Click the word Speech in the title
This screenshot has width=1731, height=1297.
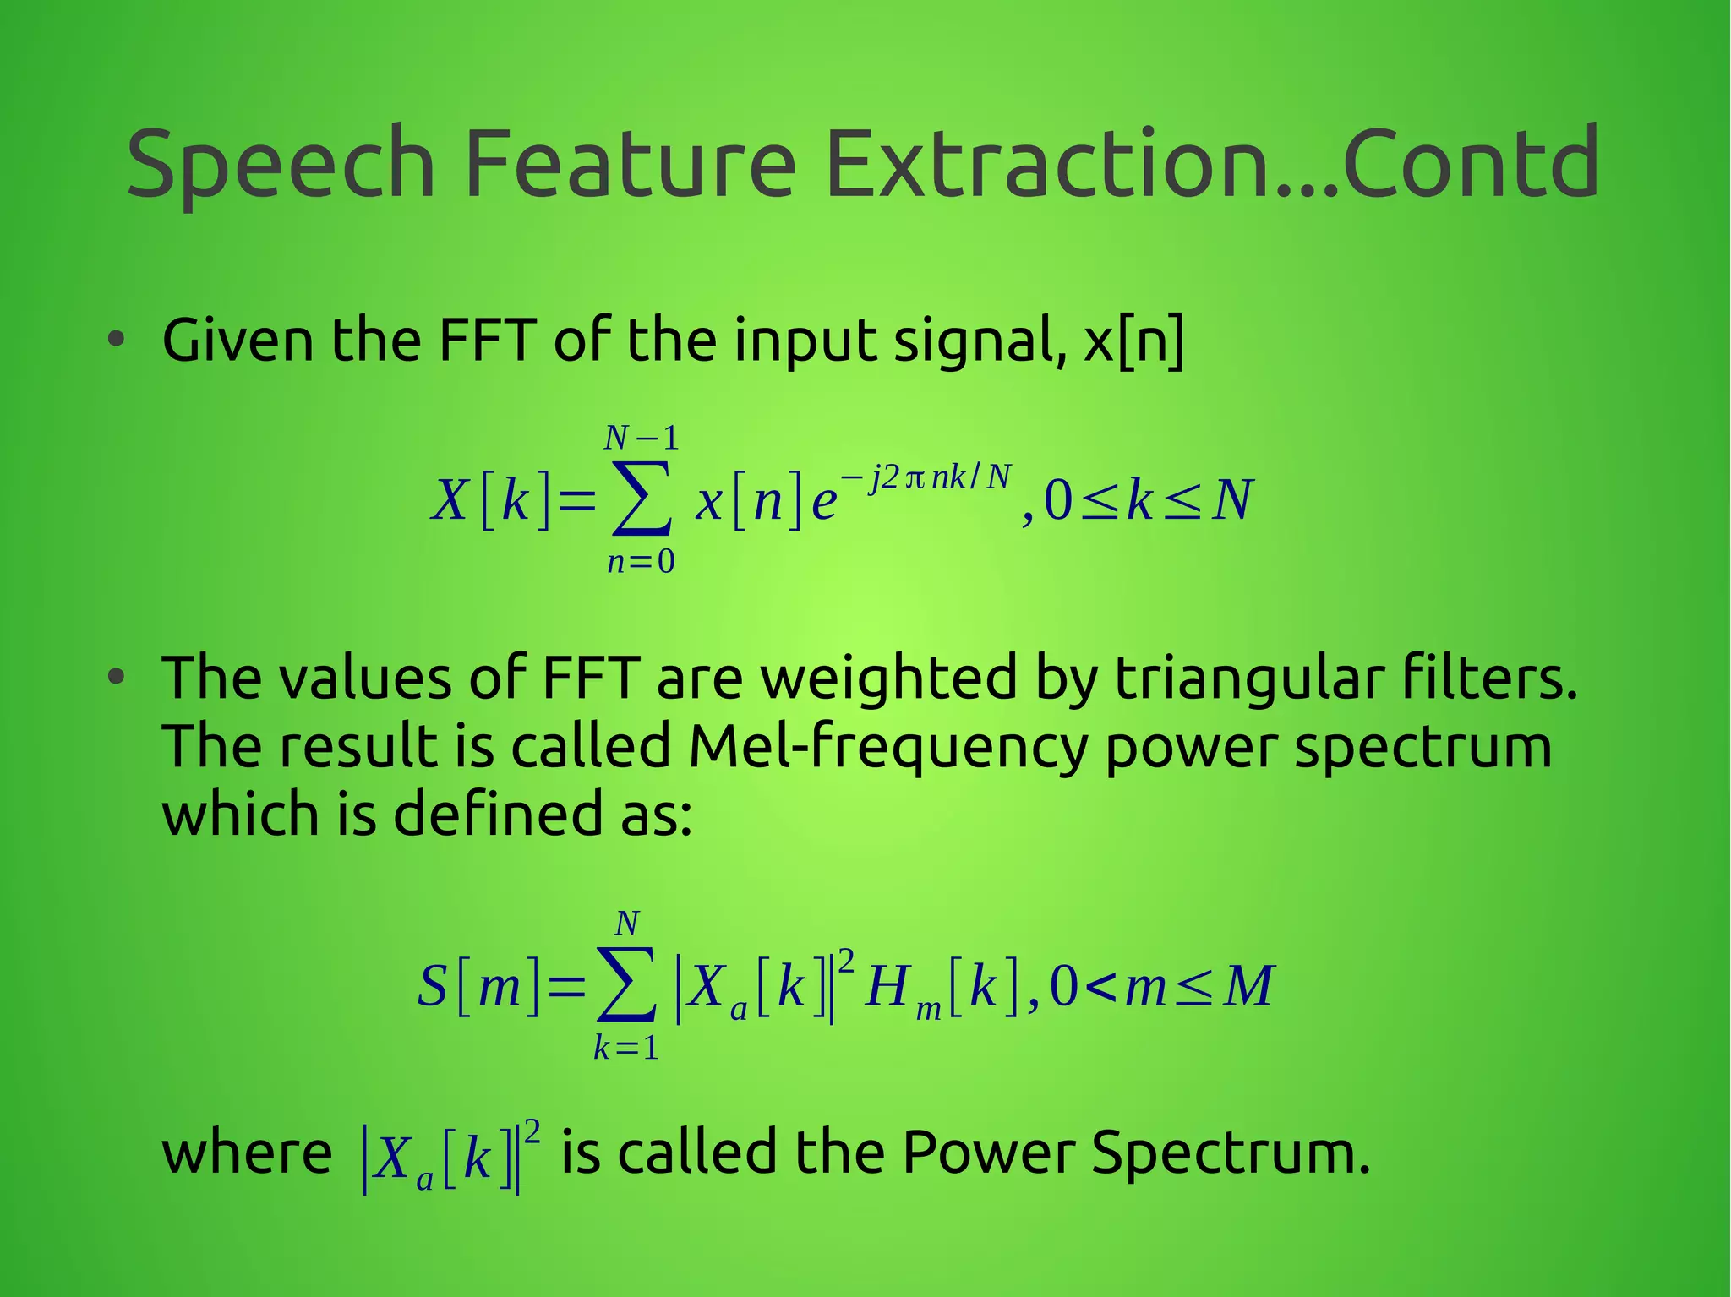click(x=281, y=165)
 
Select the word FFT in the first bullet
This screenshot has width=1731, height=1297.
click(x=487, y=341)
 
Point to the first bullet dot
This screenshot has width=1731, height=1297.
click(x=117, y=341)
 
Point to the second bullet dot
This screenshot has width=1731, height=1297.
click(x=117, y=678)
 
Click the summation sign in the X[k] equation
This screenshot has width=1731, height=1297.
click(x=642, y=499)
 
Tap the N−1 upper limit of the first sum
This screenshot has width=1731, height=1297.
click(x=642, y=438)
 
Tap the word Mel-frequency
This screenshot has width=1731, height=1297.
click(x=887, y=747)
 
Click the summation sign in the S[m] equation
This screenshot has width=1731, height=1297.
click(x=626, y=985)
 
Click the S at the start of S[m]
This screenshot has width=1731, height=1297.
click(x=432, y=985)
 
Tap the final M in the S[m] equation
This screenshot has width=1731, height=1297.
click(x=1248, y=986)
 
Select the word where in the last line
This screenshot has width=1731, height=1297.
click(x=247, y=1153)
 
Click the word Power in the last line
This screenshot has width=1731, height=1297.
click(x=988, y=1153)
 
